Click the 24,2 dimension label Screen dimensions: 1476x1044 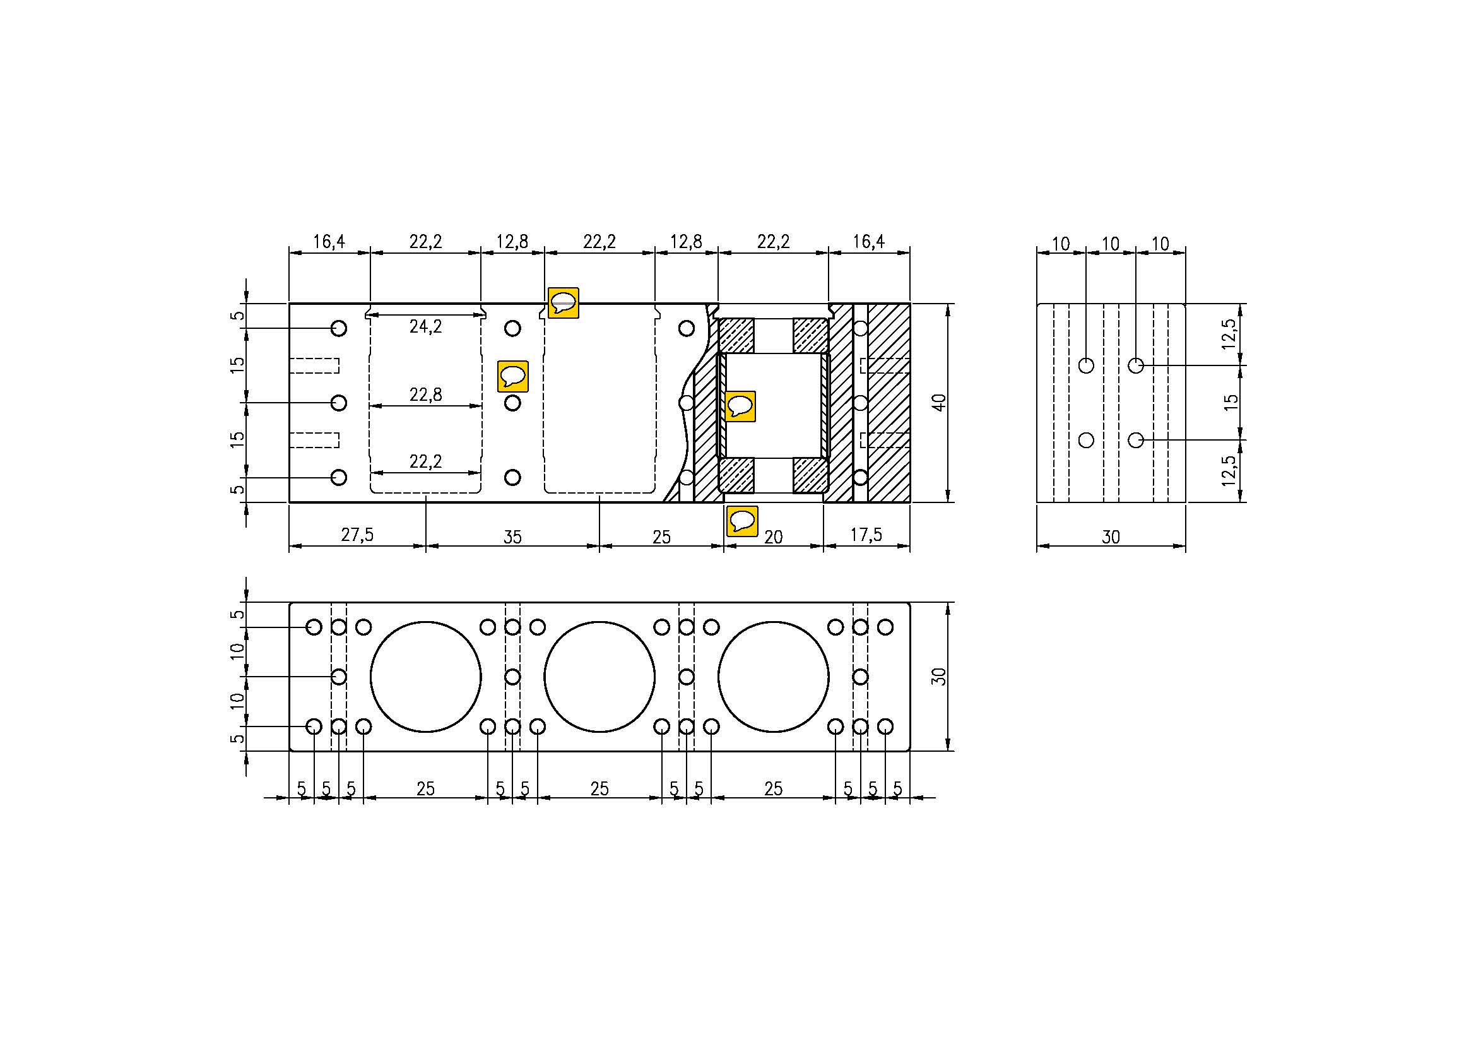(425, 326)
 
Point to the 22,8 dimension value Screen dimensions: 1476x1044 (425, 394)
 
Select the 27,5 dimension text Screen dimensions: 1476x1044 (357, 534)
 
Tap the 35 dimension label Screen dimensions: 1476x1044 (512, 537)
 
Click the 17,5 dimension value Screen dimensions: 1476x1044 (866, 534)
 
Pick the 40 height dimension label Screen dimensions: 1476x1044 (939, 403)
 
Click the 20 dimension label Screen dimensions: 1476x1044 (774, 537)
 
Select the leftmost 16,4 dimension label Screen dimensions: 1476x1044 (329, 242)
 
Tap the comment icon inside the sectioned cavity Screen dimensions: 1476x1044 (740, 406)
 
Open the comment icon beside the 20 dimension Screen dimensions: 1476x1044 (742, 521)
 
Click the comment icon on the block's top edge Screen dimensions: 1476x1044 (563, 303)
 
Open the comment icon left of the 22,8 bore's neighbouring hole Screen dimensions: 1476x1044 (513, 376)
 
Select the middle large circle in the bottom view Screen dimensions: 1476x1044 (599, 676)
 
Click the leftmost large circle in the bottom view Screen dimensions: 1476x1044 (425, 676)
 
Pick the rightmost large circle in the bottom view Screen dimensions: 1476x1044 (774, 676)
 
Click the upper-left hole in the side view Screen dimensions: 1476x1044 (1086, 365)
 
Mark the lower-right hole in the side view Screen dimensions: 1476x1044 (1136, 441)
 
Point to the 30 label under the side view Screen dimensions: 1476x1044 (1111, 537)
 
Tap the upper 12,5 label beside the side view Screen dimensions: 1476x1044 (1229, 335)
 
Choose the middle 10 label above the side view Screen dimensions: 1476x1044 (1111, 244)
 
